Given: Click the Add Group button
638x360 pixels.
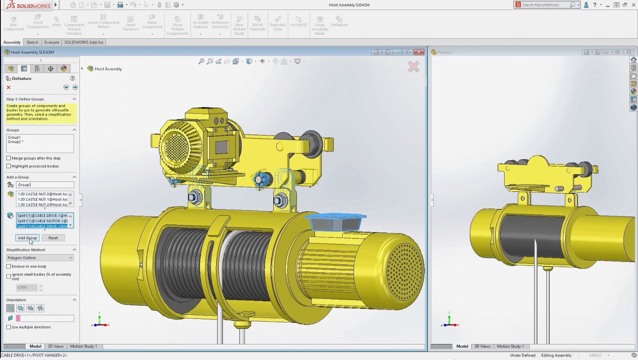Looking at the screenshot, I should tap(27, 238).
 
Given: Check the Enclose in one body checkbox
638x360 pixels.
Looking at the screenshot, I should tap(9, 266).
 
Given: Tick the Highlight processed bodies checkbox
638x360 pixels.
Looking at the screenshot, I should tap(9, 166).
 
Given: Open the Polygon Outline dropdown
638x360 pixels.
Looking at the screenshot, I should tap(40, 258).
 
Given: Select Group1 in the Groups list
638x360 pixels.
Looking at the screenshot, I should tap(14, 137).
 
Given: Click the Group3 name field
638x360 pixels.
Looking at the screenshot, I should tap(45, 185).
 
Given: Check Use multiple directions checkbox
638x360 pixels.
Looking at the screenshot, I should tap(9, 327).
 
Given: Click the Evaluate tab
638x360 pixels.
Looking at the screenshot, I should tap(52, 42).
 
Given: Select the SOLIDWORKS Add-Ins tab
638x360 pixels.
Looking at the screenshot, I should tap(83, 42).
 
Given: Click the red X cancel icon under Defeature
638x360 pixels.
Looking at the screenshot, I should tap(8, 87).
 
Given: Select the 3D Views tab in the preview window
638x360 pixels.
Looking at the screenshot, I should tap(482, 346).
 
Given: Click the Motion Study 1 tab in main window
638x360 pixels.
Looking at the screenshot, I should tap(83, 346).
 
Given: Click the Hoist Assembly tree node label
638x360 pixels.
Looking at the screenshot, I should tap(108, 69).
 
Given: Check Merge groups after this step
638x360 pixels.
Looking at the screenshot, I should tap(9, 158).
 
